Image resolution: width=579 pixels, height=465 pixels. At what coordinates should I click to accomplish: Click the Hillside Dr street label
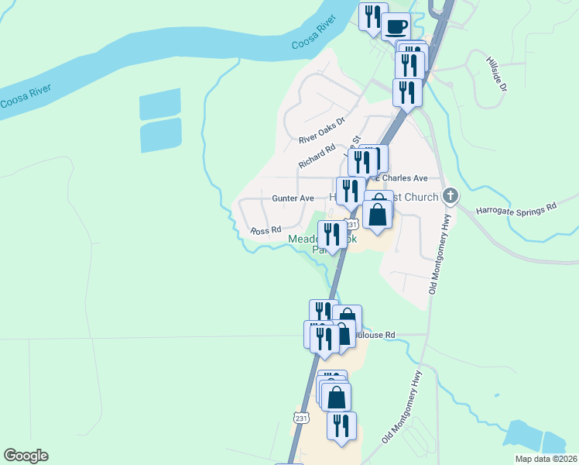tap(497, 74)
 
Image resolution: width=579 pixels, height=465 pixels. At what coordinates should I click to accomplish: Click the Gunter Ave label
tap(293, 198)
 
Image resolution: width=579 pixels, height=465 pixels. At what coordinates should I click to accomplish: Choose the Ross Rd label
tap(265, 231)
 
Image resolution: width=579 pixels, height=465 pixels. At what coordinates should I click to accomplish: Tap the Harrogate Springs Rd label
tap(516, 208)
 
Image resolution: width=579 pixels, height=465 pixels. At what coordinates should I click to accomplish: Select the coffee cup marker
tap(396, 26)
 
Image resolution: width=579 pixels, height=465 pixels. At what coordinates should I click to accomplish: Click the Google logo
tap(26, 456)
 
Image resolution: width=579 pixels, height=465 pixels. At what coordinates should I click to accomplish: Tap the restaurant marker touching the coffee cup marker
tap(373, 17)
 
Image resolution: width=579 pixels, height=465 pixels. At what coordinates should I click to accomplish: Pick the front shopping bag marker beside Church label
tap(378, 215)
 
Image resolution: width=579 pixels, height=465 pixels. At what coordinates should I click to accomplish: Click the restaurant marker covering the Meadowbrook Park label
tap(332, 235)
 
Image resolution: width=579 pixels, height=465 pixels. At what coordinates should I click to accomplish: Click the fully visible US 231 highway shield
tap(301, 418)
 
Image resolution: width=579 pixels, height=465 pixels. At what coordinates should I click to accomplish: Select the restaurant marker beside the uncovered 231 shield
tap(341, 425)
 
